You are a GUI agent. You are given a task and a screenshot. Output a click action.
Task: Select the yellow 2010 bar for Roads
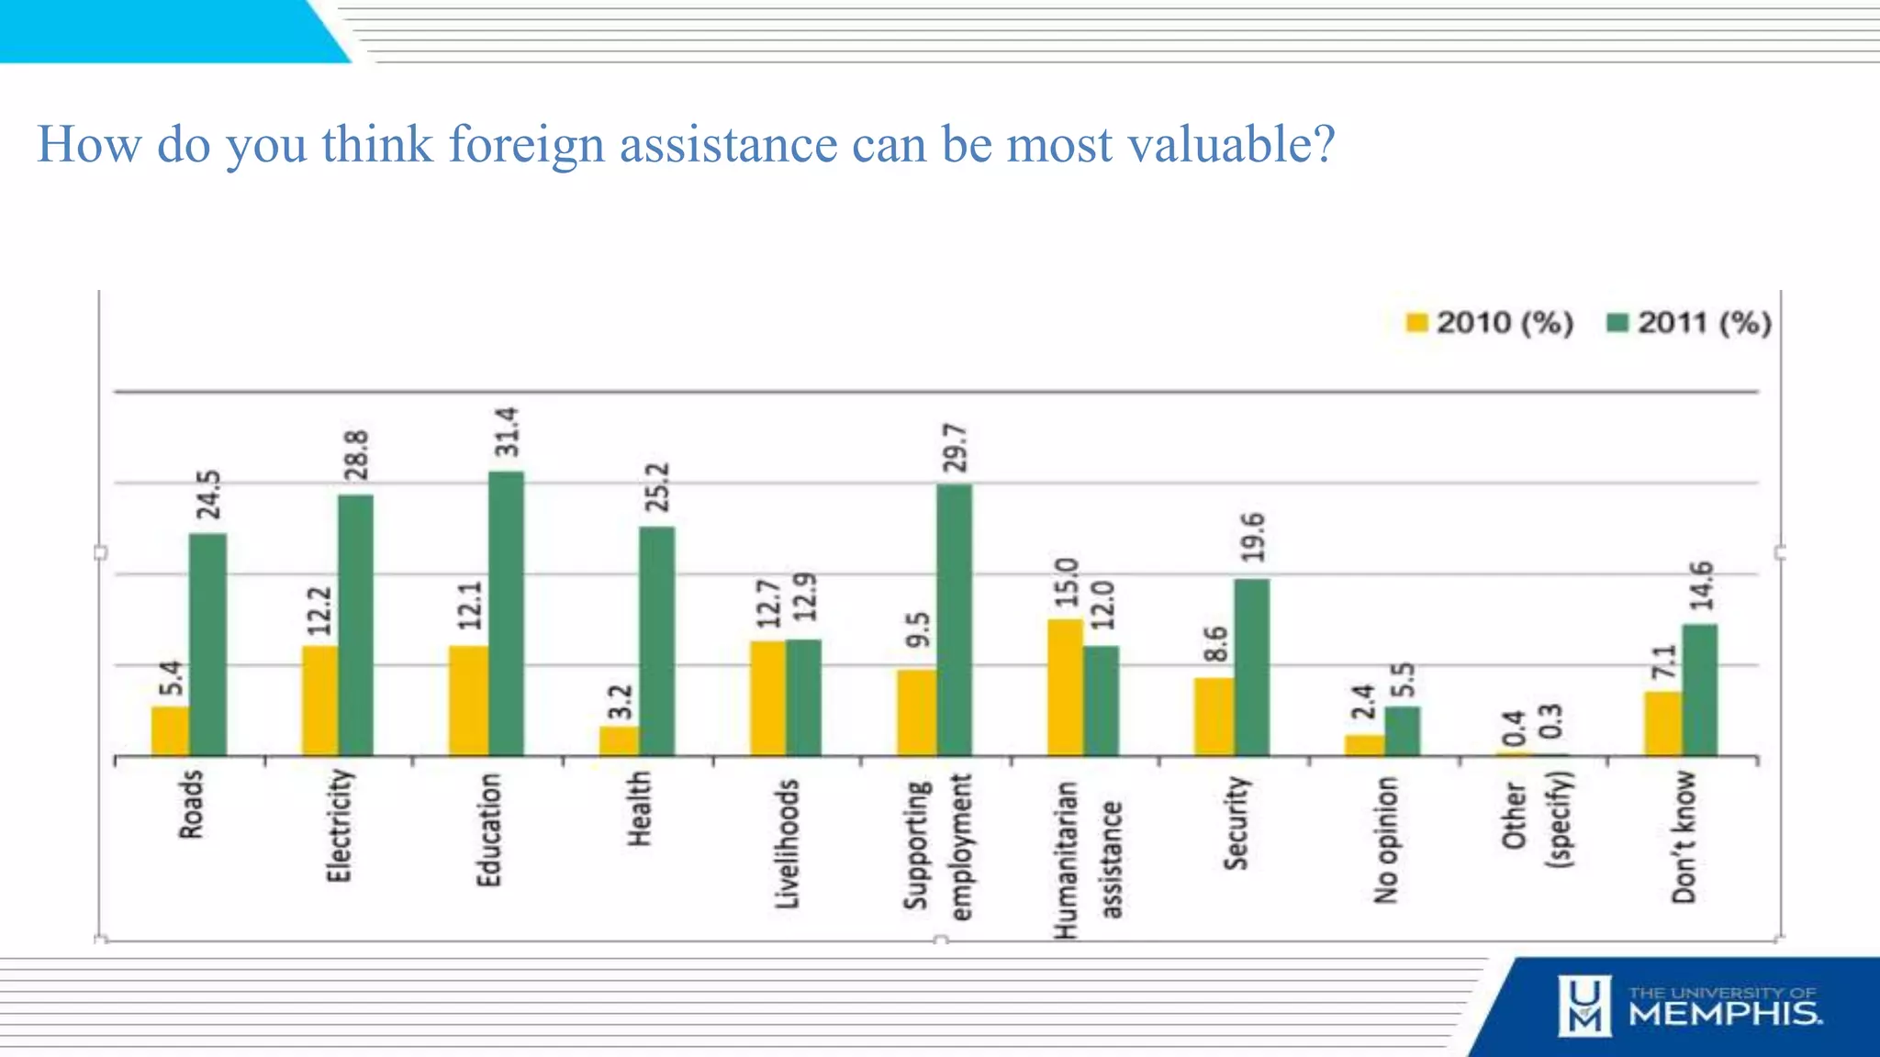(170, 730)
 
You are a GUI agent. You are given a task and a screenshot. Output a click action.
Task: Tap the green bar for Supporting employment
(954, 619)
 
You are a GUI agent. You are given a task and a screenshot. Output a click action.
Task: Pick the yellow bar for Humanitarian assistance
(1065, 687)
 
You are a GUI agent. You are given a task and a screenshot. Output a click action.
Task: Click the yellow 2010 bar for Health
(619, 740)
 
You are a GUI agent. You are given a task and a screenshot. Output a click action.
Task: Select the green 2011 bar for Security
(1251, 667)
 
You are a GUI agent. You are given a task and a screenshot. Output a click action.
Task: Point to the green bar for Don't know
(1699, 690)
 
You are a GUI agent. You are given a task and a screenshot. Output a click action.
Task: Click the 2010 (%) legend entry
(1489, 323)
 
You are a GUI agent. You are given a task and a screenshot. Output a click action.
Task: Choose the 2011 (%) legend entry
(1689, 323)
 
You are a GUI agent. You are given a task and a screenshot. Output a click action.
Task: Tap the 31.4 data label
(507, 432)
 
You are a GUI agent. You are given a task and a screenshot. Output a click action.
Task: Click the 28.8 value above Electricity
(356, 455)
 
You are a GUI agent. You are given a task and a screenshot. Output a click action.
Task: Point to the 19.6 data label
(1252, 538)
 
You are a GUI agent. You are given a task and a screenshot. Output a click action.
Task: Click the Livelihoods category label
(788, 843)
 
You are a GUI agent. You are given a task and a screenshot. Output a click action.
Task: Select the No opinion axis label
(1385, 840)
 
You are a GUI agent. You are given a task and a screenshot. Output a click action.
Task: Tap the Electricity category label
(339, 826)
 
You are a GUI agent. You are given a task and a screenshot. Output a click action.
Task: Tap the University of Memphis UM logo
(1583, 1007)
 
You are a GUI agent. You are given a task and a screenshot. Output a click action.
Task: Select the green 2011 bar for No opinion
(1402, 730)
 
